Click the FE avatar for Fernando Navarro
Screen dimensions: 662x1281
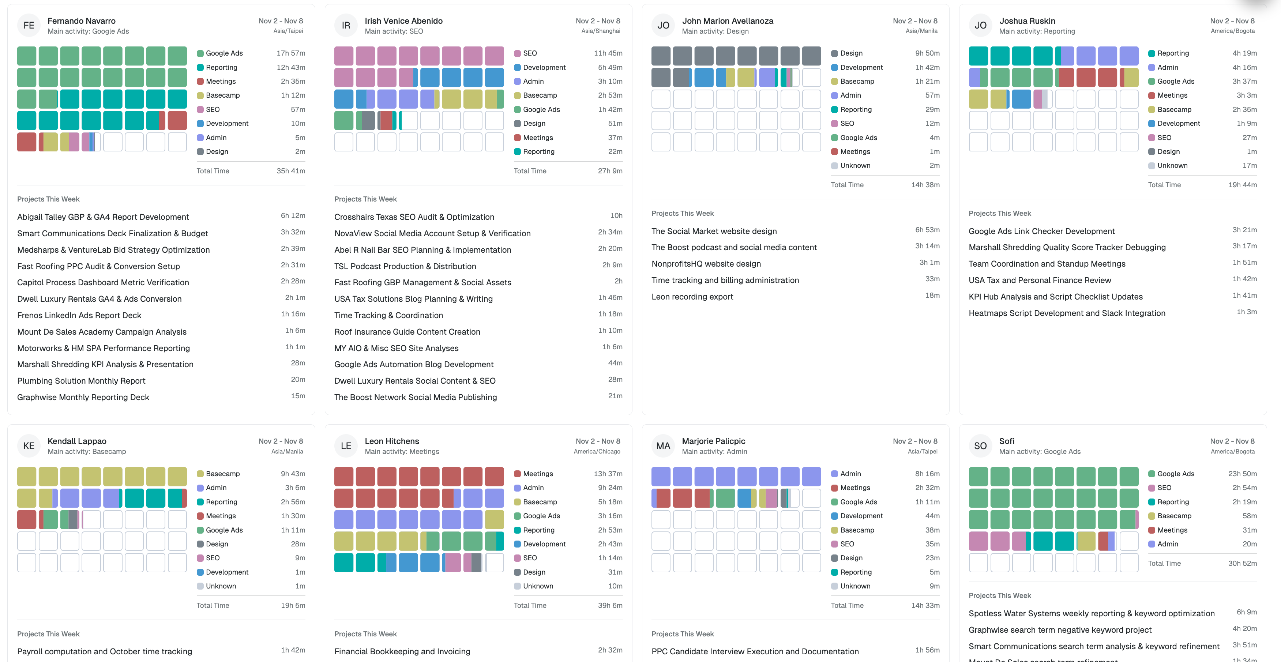point(29,25)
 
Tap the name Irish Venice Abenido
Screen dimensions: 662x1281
point(403,21)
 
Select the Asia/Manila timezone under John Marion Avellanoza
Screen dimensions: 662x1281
point(921,31)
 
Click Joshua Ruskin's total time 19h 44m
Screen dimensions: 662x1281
point(1242,185)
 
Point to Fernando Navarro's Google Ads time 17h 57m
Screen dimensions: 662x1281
point(290,53)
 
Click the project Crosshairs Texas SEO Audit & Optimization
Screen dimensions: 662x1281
point(414,217)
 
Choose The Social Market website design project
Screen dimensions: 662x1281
point(714,231)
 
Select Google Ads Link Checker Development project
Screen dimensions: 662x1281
point(1041,231)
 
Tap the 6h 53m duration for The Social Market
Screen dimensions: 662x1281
point(927,230)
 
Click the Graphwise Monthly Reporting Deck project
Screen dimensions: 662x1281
point(83,398)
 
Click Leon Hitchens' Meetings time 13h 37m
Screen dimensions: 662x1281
point(608,474)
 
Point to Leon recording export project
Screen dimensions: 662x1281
point(692,297)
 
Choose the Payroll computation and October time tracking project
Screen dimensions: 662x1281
point(104,651)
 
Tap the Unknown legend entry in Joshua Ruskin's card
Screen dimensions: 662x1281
point(1172,166)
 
